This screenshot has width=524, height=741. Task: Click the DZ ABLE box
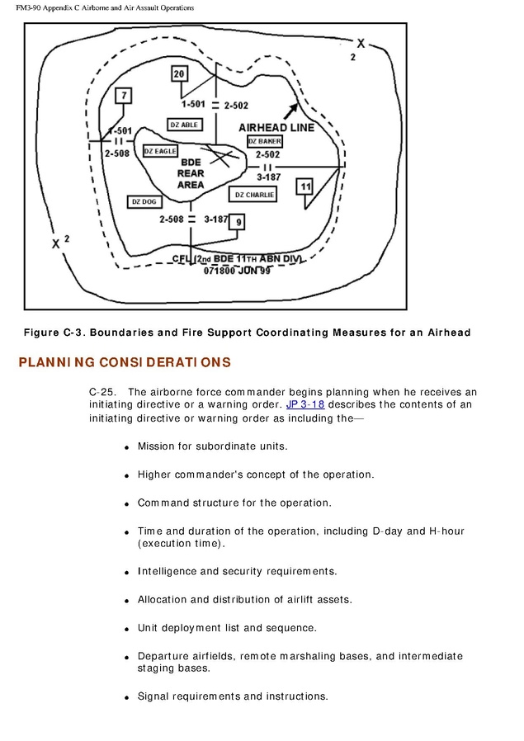pyautogui.click(x=184, y=125)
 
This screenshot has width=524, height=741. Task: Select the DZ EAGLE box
pyautogui.click(x=160, y=151)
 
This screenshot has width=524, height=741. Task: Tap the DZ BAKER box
pyautogui.click(x=265, y=141)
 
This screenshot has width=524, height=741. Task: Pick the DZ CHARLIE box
pyautogui.click(x=253, y=195)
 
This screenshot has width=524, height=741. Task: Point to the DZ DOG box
pyautogui.click(x=144, y=201)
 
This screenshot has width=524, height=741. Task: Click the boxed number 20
pyautogui.click(x=180, y=74)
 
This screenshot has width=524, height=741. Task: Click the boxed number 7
pyautogui.click(x=124, y=96)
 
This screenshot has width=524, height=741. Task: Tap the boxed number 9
pyautogui.click(x=238, y=222)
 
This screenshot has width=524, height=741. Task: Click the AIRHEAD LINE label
pyautogui.click(x=276, y=128)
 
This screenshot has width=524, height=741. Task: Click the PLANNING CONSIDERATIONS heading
pyautogui.click(x=125, y=363)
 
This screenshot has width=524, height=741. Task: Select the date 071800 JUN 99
pyautogui.click(x=237, y=270)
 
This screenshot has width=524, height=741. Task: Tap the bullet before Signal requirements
pyautogui.click(x=126, y=698)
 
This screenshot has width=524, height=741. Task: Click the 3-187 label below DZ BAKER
pyautogui.click(x=269, y=177)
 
